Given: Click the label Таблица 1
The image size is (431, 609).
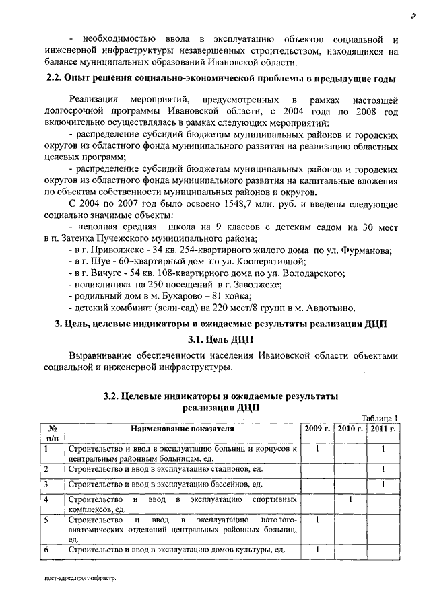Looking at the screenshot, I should (x=381, y=417).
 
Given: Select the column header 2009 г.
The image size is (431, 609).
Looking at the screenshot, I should (x=317, y=428).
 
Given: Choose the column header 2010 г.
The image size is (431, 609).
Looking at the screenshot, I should (x=350, y=428).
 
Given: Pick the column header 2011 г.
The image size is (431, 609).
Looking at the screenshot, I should (x=383, y=428).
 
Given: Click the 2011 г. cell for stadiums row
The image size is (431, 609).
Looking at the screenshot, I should (x=383, y=469).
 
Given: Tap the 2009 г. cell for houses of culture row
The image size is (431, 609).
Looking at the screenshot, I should (x=317, y=550).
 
